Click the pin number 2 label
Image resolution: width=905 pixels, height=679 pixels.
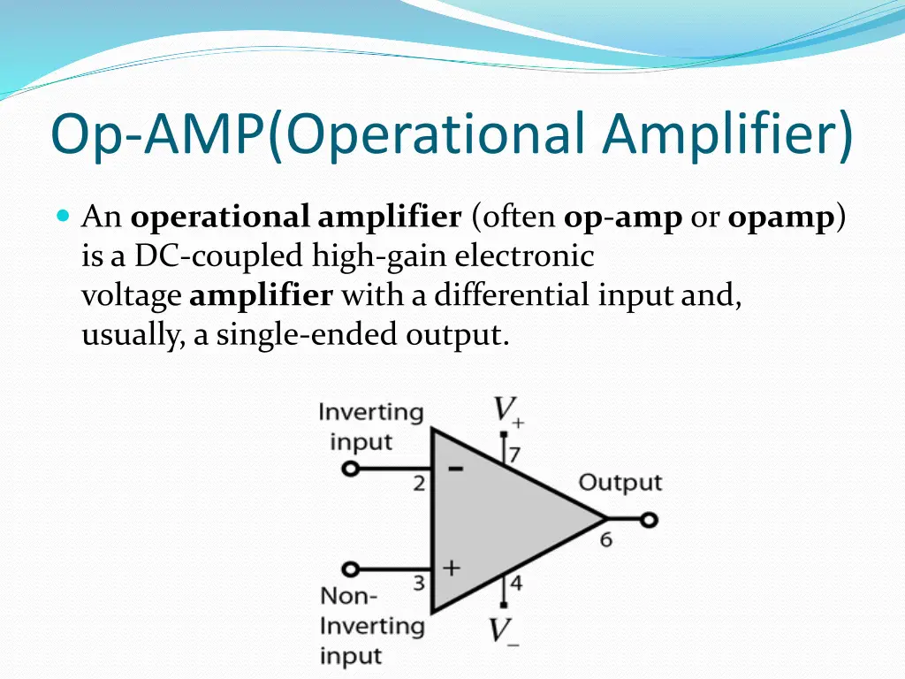[x=419, y=484]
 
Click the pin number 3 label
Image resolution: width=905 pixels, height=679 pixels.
[x=419, y=584]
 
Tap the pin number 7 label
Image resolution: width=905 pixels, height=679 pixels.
[x=514, y=455]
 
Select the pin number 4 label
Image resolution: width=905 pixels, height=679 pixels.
[x=515, y=584]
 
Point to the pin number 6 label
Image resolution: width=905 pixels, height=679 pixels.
[x=606, y=539]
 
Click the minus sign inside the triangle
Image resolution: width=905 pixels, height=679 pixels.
[x=456, y=469]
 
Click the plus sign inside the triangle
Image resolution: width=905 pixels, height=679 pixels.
[x=452, y=568]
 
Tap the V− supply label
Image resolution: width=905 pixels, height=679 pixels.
[x=504, y=631]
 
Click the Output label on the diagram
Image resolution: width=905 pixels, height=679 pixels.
[x=620, y=483]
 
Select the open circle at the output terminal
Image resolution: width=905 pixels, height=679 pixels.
[x=650, y=520]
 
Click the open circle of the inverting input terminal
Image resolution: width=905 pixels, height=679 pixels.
[x=351, y=469]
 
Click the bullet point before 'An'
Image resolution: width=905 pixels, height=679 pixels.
[x=62, y=216]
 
